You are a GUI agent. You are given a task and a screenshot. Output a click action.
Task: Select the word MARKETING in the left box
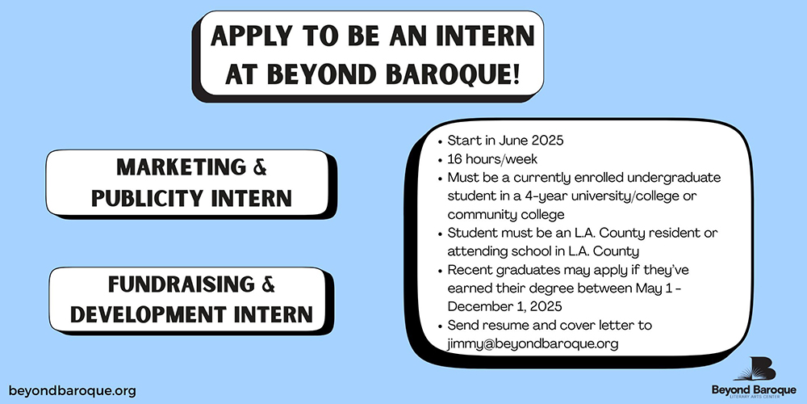pyautogui.click(x=181, y=167)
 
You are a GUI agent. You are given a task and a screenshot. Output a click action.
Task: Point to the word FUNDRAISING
pyautogui.click(x=181, y=284)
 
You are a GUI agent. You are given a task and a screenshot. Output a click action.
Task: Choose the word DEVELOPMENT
pyautogui.click(x=148, y=314)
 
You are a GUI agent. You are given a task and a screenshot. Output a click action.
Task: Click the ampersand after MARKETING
pyautogui.click(x=261, y=167)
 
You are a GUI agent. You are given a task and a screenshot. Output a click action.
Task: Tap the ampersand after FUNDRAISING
pyautogui.click(x=268, y=284)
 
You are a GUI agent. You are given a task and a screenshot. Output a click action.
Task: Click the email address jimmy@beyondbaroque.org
pyautogui.click(x=533, y=344)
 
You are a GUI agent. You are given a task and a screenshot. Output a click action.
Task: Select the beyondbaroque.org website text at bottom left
pyautogui.click(x=73, y=390)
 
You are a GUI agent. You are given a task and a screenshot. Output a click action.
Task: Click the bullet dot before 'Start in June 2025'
pyautogui.click(x=440, y=141)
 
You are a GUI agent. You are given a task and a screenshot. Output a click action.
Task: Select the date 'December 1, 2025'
pyautogui.click(x=504, y=306)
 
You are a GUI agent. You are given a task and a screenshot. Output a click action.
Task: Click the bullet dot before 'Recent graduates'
pyautogui.click(x=440, y=271)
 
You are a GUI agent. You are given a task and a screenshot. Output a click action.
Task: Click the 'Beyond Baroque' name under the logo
pyautogui.click(x=754, y=389)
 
